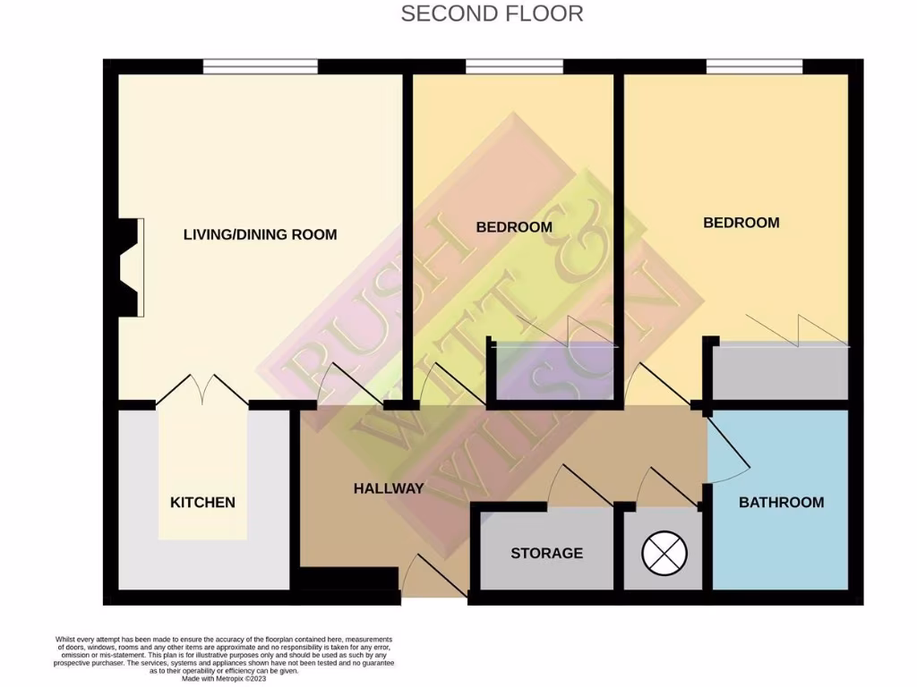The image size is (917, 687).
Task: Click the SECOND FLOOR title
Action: [492, 13]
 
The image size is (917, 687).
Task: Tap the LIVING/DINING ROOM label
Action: [260, 234]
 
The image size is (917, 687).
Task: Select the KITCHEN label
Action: [202, 503]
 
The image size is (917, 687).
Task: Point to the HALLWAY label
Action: [388, 488]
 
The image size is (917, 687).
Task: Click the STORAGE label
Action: [546, 553]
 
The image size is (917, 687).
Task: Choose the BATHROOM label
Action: [781, 503]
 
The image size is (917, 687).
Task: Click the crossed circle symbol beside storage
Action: [663, 555]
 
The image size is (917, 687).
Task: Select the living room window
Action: [260, 66]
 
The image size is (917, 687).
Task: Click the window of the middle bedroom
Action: [514, 66]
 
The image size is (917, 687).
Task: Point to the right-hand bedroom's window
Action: [754, 66]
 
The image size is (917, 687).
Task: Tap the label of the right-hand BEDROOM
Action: [741, 223]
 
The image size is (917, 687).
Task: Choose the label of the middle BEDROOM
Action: [514, 227]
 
